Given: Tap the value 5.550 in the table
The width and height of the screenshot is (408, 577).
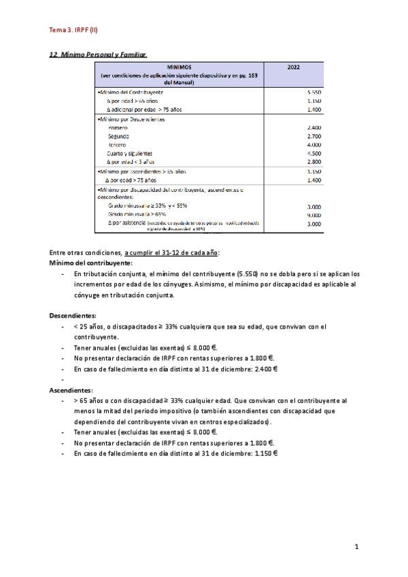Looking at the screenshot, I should [313, 91].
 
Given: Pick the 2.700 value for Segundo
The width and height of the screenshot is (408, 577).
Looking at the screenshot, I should [313, 136].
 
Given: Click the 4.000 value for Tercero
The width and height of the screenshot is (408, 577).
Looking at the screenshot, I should [313, 145].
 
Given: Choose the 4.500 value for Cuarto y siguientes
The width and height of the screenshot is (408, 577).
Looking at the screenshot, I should [313, 154].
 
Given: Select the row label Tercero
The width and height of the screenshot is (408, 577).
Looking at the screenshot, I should [118, 145].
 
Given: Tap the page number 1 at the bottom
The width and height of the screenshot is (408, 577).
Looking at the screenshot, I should [356, 547].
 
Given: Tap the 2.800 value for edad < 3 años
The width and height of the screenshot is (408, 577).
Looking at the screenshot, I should [313, 162].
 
